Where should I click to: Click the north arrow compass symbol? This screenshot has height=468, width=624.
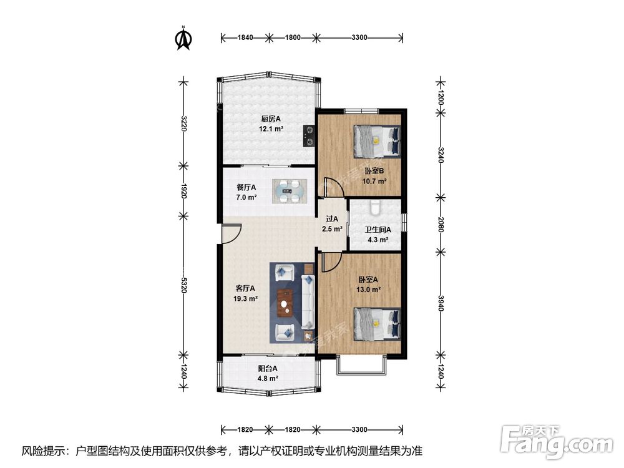tap(184, 39)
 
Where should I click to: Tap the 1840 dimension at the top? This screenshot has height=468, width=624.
tap(245, 38)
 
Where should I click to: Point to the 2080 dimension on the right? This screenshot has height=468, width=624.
tap(441, 225)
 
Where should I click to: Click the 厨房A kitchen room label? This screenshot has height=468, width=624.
tap(271, 119)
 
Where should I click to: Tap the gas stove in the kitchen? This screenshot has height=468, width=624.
tap(309, 135)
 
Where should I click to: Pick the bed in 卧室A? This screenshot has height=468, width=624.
tap(376, 324)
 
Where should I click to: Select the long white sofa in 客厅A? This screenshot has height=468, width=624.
tap(308, 302)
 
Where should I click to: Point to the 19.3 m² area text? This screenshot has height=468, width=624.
tap(245, 298)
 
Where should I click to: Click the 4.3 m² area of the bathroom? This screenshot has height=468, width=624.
tap(378, 240)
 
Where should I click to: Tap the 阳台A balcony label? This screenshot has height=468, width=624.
tap(268, 369)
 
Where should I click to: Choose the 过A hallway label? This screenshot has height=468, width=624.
tap(332, 219)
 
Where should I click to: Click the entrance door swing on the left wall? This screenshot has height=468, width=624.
tap(232, 233)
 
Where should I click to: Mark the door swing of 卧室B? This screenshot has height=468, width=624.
tap(334, 187)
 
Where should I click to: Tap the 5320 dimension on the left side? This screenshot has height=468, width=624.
tap(183, 285)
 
